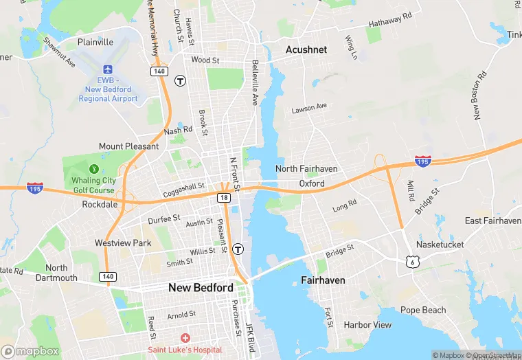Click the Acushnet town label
[x=306, y=49]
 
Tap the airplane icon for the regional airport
[x=108, y=69]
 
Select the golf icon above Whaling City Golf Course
[x=94, y=168]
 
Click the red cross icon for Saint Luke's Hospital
[x=185, y=339]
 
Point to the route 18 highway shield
[x=224, y=198]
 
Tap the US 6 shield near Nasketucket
[x=411, y=262]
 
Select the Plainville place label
[x=95, y=42]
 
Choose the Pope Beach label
[x=423, y=310]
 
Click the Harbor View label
[x=367, y=324]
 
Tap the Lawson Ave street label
[x=309, y=109]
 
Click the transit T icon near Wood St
[x=181, y=80]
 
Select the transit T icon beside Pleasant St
[x=238, y=249]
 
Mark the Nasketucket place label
[x=440, y=245]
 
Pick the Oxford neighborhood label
[x=311, y=184]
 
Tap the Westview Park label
[x=122, y=243]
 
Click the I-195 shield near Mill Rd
[x=423, y=161]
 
